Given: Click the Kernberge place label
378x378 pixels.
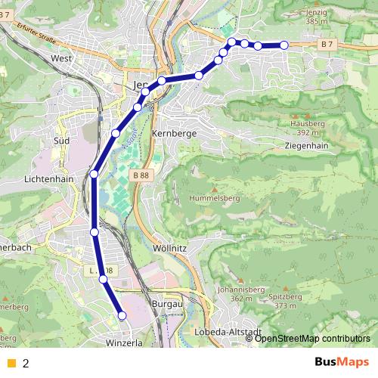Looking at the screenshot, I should (174, 133).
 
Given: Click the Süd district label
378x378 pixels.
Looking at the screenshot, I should (62, 140).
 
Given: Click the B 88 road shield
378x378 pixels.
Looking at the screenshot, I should (141, 175).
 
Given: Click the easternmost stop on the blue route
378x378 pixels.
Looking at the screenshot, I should (284, 45).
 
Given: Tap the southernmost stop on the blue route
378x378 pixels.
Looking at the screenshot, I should (121, 314).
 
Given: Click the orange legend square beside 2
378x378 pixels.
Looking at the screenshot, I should (11, 362).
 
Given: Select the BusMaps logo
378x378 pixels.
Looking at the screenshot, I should (342, 361).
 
